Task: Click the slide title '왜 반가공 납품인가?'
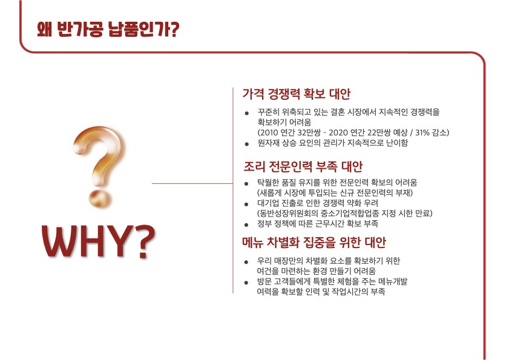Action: click(108, 30)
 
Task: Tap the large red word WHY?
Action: click(99, 242)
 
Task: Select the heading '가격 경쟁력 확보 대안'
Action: click(297, 94)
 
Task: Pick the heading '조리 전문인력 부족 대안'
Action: click(303, 166)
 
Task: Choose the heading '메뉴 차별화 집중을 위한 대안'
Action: click(314, 242)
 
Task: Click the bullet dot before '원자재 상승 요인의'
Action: click(247, 144)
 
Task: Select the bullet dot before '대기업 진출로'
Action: click(247, 204)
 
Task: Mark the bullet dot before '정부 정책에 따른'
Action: click(247, 224)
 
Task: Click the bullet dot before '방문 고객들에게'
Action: click(246, 283)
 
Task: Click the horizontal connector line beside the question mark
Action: click(192, 183)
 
